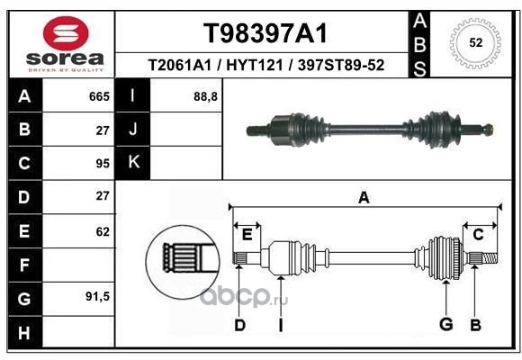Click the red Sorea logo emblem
pos(66,33)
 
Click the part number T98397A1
pos(265,33)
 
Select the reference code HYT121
pos(255,65)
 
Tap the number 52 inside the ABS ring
pos(476,42)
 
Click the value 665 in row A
pos(99,96)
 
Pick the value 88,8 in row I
pos(205,96)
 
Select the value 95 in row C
pos(103,164)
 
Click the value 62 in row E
pos(103,231)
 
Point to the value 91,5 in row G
pos(97,296)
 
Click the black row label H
pos(25,332)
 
